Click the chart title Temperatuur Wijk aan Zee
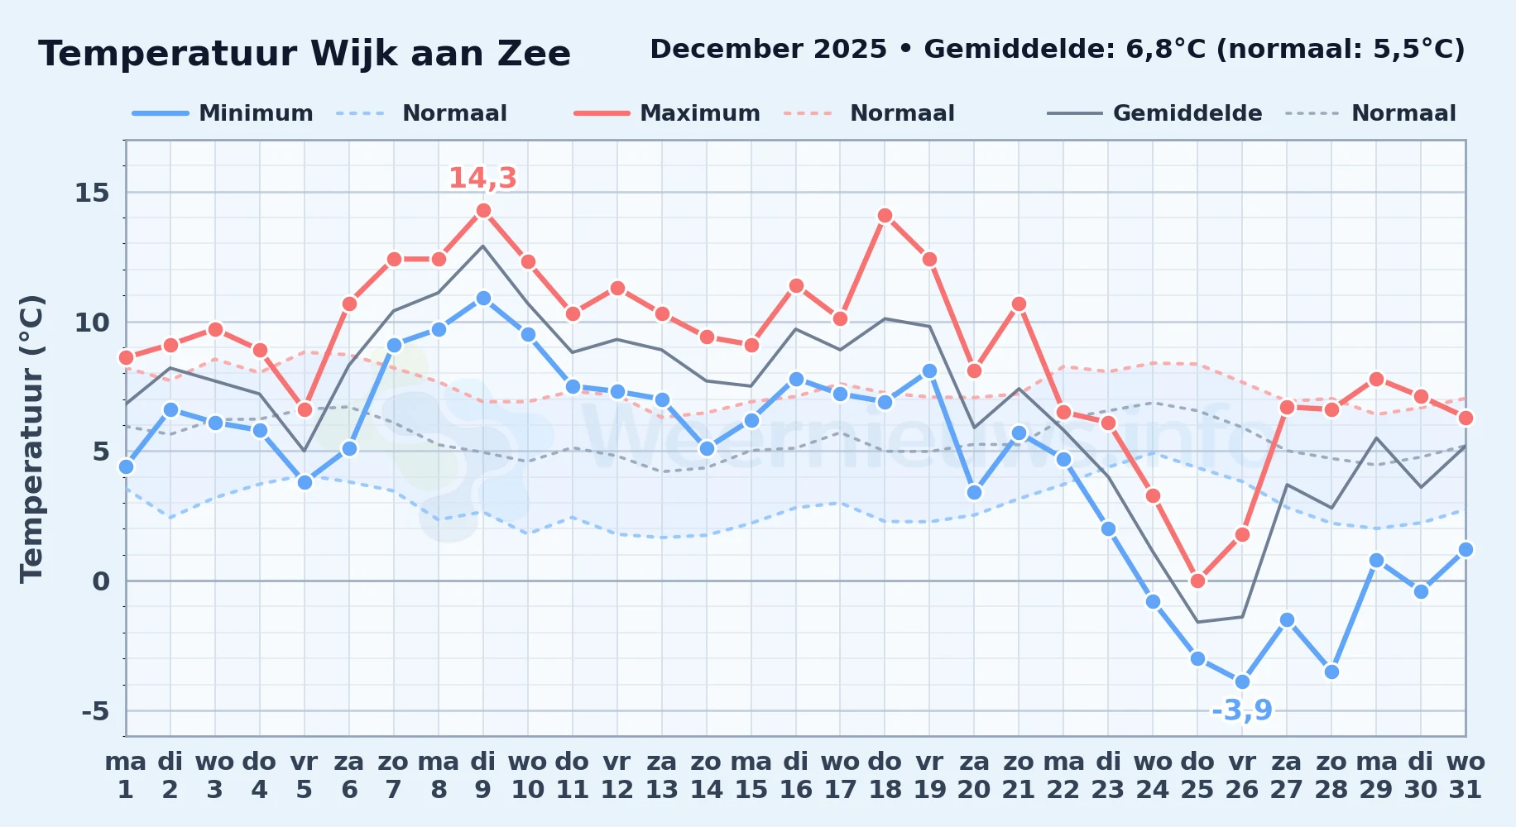305,54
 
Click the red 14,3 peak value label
482,178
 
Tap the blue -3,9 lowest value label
1242,710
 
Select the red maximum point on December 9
483,210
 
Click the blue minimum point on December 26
1242,681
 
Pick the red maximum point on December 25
1197,581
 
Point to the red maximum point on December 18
885,216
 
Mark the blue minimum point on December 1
126,466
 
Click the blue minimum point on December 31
1466,549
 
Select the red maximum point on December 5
305,409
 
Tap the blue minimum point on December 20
974,492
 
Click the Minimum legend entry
223,113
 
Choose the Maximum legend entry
668,113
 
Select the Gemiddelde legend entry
1155,113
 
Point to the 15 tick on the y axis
92,193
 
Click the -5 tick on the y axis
95,710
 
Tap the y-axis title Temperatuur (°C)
31,438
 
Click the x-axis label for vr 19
929,776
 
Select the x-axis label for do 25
1197,776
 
